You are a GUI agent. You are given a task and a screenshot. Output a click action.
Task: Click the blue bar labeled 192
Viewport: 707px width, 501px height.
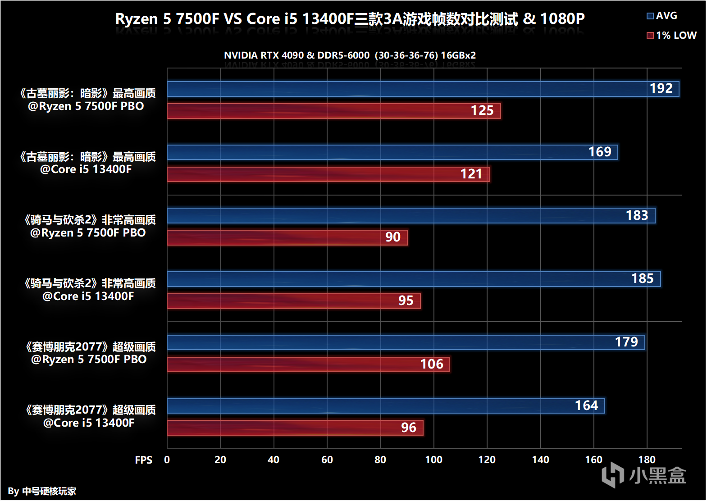(x=423, y=89)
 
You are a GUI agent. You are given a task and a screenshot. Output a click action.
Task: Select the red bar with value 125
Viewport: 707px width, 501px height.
(x=333, y=111)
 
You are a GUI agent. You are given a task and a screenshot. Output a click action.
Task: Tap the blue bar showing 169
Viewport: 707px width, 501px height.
(x=392, y=152)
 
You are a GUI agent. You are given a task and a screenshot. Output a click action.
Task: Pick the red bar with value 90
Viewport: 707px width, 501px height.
(x=287, y=237)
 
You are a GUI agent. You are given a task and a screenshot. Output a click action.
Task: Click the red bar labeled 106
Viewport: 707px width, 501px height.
(x=308, y=364)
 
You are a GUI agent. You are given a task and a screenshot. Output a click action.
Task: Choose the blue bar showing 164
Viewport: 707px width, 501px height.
(x=386, y=406)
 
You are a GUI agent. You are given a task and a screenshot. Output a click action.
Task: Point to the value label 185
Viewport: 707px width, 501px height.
(x=642, y=279)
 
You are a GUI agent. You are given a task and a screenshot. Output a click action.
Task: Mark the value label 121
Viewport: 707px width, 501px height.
(x=471, y=174)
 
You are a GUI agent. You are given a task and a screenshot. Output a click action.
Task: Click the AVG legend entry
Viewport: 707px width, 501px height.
(x=662, y=16)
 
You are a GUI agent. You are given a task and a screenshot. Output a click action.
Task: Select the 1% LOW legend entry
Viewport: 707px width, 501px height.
(x=671, y=36)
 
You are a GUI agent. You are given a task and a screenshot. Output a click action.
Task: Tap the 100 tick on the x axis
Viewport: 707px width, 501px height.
(x=433, y=460)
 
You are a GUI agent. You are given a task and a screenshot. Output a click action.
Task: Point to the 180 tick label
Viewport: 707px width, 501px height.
(x=647, y=460)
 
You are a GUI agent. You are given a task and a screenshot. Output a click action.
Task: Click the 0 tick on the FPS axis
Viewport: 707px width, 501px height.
(x=167, y=460)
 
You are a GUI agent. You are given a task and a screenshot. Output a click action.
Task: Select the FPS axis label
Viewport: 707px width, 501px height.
(x=143, y=460)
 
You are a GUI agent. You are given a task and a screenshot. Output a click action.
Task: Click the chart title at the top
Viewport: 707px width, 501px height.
(x=350, y=19)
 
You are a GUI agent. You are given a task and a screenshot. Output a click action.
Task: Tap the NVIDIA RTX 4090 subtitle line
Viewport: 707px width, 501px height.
(x=350, y=55)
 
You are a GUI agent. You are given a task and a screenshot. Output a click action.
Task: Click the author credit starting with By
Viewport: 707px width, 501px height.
(x=42, y=491)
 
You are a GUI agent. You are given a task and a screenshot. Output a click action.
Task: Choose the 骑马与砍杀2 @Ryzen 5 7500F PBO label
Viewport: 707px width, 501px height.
(x=89, y=226)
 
